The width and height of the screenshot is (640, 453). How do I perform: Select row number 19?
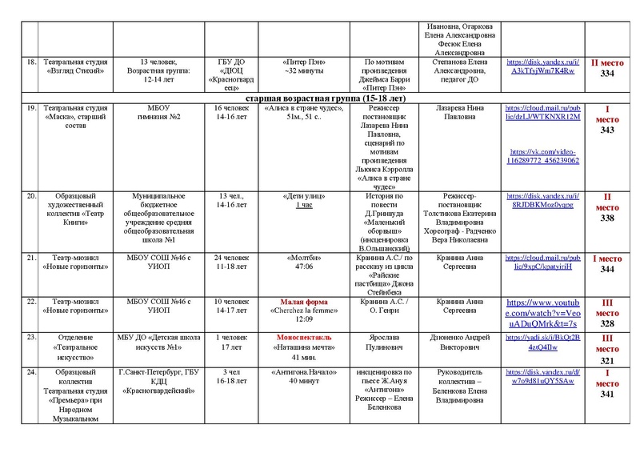coord(29,108)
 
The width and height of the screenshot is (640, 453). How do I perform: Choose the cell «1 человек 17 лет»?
coord(229,343)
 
